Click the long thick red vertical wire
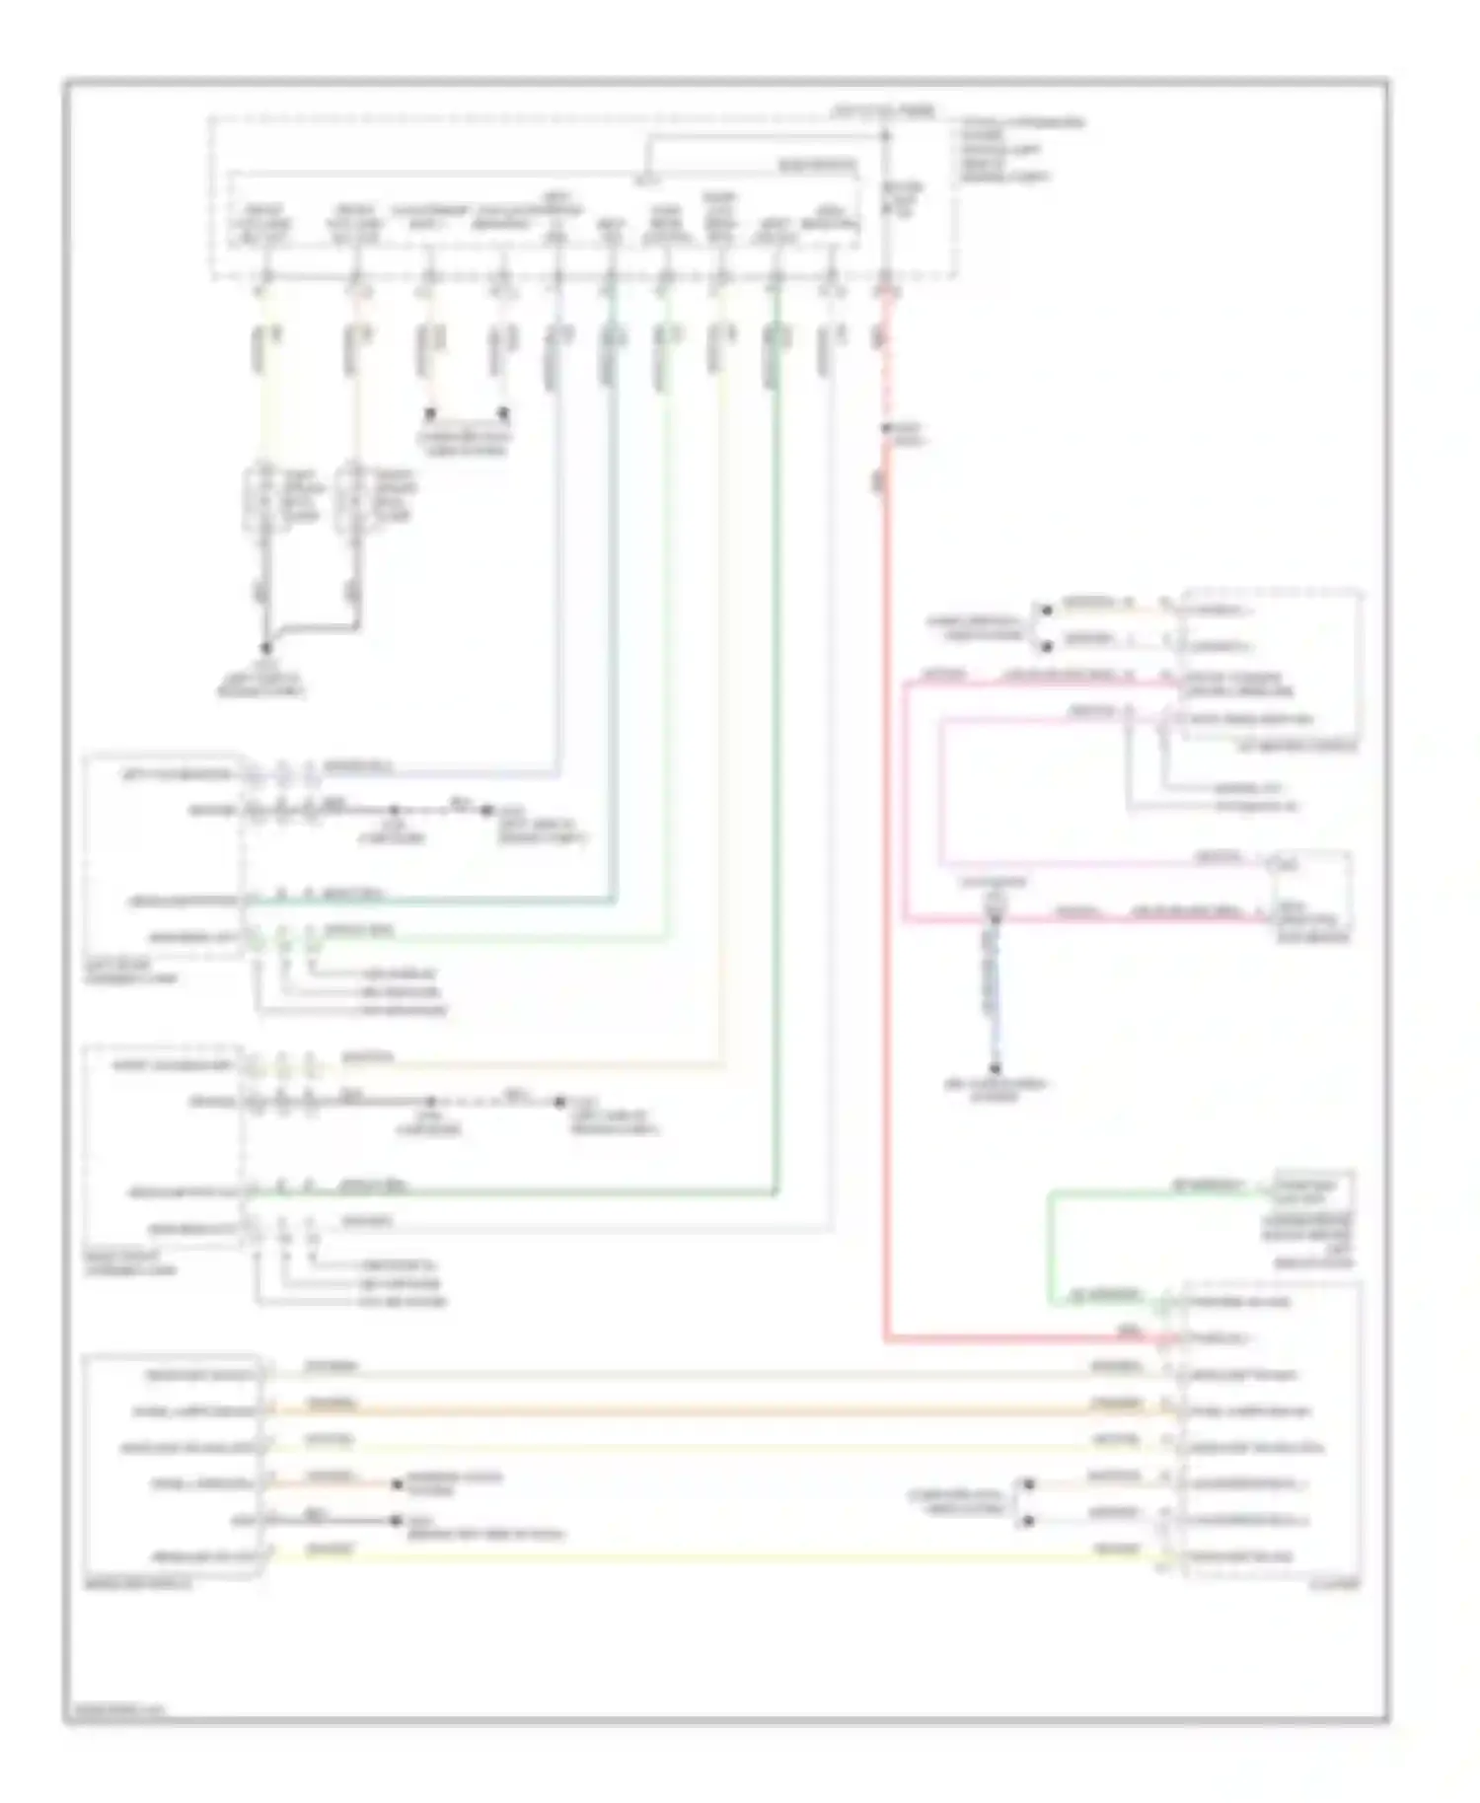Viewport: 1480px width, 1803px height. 885,888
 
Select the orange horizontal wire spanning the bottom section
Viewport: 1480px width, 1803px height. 691,1411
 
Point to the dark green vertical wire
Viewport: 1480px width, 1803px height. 777,789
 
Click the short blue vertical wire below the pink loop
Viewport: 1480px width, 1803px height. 994,996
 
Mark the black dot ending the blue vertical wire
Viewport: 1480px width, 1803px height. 995,1069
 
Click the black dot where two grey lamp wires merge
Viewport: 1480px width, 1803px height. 265,648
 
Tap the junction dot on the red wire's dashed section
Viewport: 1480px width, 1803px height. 886,428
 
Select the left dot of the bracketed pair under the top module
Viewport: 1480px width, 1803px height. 430,413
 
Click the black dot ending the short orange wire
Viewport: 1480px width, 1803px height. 397,1484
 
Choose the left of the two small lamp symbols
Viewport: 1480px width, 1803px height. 261,501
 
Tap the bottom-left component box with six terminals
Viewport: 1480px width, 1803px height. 174,1466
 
